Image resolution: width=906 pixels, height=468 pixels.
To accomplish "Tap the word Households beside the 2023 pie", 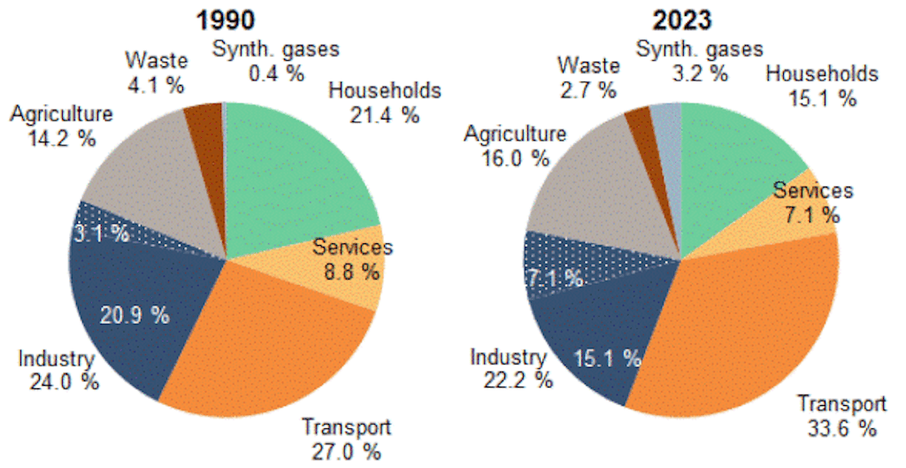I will (821, 74).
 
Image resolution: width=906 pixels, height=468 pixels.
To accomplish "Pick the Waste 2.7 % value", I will (586, 89).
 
